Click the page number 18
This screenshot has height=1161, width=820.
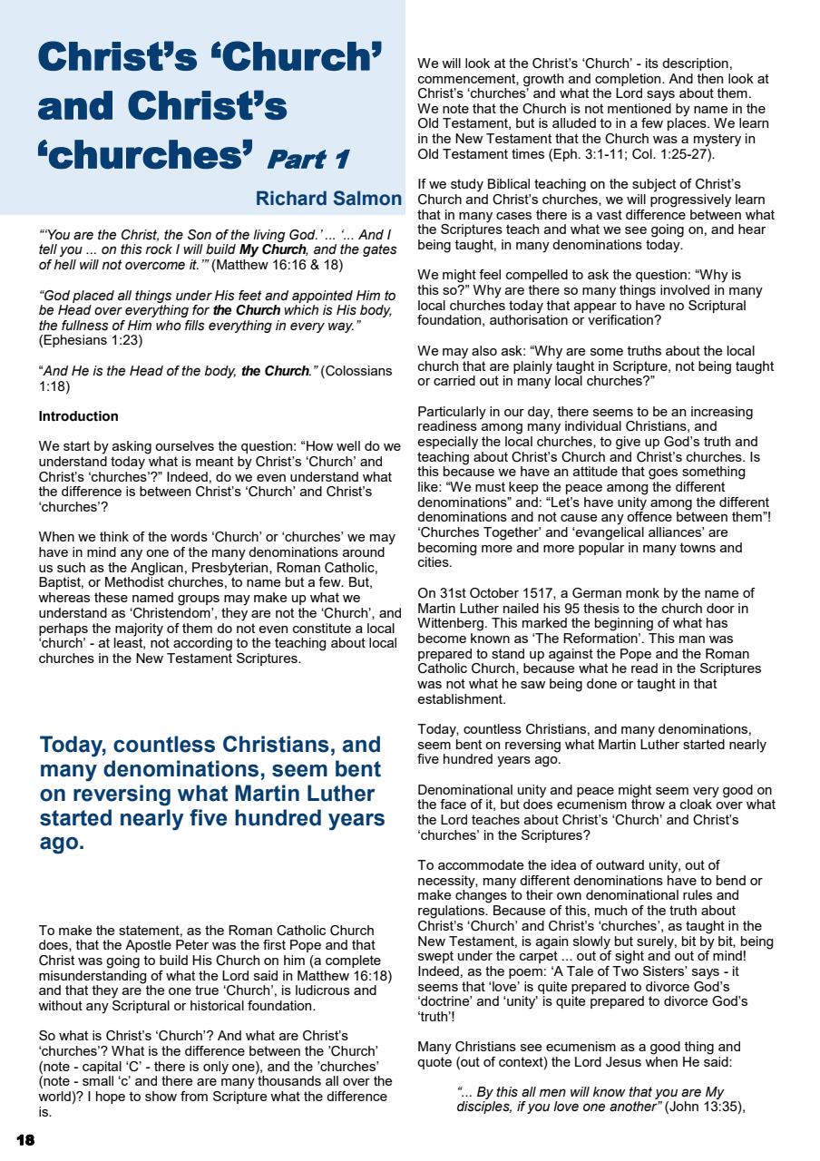[x=24, y=1138]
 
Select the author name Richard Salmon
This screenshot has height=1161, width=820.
[x=328, y=198]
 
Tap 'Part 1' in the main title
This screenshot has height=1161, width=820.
[x=305, y=158]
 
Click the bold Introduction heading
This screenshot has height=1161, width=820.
[x=78, y=416]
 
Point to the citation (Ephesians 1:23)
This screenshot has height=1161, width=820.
[x=91, y=340]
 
